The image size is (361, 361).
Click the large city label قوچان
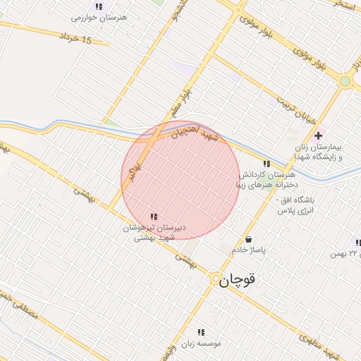point(237,279)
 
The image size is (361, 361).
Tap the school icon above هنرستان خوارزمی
point(99,6)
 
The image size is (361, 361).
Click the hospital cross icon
point(319,135)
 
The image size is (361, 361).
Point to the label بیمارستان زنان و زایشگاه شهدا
point(319,152)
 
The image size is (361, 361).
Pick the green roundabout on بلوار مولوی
point(345,81)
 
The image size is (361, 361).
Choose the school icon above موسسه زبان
point(201,331)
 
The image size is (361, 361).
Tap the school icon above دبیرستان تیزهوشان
point(153,216)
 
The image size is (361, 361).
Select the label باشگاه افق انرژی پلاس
point(296,205)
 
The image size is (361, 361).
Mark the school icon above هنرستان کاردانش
point(266,164)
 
